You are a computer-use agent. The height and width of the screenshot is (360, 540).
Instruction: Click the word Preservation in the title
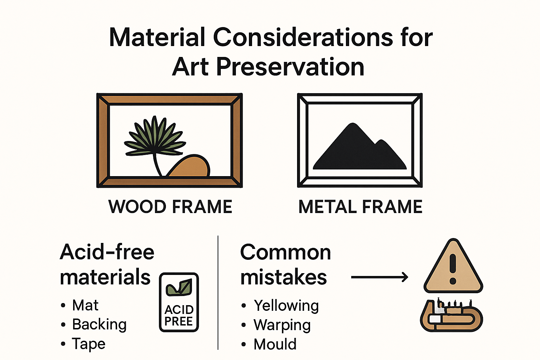(290, 67)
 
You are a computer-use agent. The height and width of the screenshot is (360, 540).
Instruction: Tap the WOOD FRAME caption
(171, 207)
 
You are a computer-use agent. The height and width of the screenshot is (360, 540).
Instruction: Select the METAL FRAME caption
(360, 207)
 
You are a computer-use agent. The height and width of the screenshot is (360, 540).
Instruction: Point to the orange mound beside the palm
(190, 167)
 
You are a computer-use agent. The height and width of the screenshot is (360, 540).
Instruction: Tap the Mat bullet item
(85, 305)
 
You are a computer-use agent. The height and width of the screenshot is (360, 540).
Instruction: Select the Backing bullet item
(99, 324)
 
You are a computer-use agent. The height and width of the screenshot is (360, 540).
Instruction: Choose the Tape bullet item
(89, 343)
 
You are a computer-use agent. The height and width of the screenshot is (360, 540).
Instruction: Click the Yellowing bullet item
(286, 306)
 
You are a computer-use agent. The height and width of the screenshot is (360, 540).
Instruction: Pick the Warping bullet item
(282, 325)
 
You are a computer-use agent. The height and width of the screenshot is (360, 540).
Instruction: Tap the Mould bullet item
(275, 344)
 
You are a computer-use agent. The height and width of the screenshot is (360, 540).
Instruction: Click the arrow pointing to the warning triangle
(380, 277)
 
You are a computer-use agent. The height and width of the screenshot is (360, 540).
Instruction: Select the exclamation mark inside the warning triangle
(453, 269)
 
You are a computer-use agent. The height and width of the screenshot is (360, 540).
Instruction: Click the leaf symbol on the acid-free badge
(179, 288)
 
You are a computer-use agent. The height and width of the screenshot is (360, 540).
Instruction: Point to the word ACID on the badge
(179, 309)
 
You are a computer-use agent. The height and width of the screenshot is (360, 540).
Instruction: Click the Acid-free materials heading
(107, 264)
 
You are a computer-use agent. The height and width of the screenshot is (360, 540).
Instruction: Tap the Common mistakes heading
(285, 264)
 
